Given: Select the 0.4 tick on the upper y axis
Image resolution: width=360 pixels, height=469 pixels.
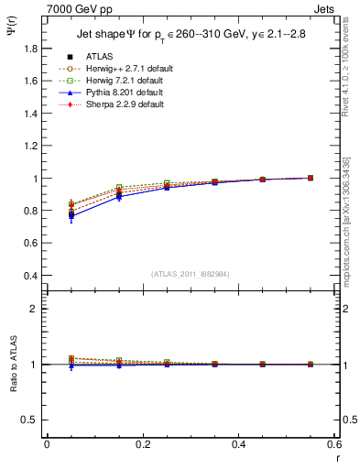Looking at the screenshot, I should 31,276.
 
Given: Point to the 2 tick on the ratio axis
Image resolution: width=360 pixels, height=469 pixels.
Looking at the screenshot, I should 35,309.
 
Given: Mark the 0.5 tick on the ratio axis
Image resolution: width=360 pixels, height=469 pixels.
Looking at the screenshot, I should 31,420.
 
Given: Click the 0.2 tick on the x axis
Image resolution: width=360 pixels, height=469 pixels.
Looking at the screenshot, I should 143,444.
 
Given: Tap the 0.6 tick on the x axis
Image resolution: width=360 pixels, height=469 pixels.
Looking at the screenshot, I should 334,444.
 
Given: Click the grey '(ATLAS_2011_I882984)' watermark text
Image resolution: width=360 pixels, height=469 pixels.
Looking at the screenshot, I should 191,274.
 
